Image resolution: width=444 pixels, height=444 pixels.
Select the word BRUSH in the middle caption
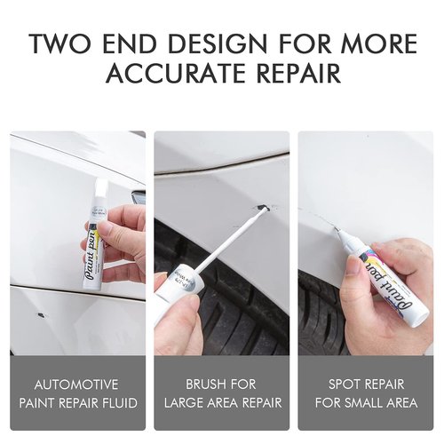pyautogui.click(x=200, y=385)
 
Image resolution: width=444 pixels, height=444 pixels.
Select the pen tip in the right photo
pyautogui.click(x=340, y=234)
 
